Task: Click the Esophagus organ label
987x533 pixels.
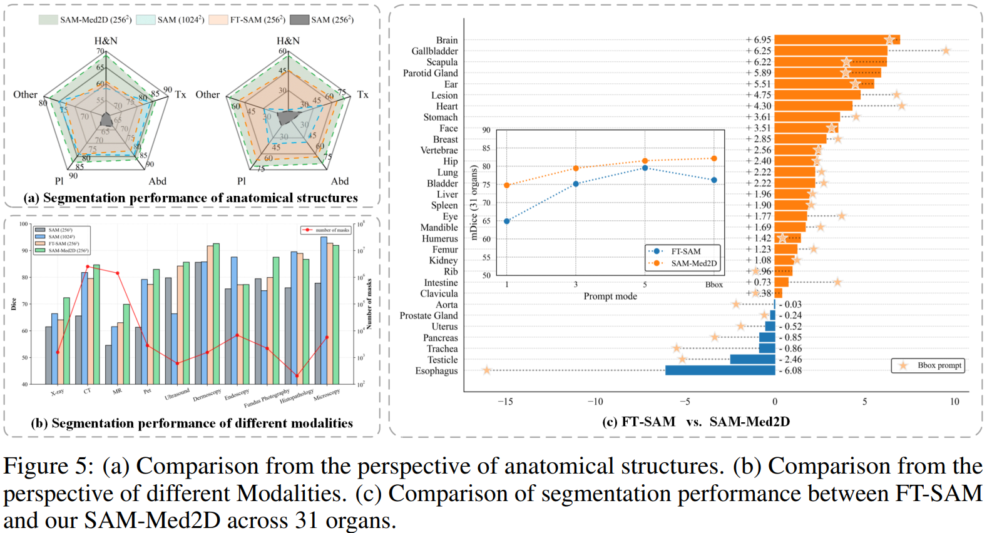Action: pos(436,371)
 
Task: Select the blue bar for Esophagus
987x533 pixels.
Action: pos(720,370)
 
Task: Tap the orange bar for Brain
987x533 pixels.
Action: pos(836,40)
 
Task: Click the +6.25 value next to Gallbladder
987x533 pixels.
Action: pos(759,51)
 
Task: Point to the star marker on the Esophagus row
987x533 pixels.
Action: pos(487,370)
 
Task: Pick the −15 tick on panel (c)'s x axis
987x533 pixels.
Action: pos(505,402)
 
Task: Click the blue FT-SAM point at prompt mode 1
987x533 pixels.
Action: pos(507,221)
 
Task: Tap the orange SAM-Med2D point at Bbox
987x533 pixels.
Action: pos(714,159)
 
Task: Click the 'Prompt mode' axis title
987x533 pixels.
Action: pos(610,297)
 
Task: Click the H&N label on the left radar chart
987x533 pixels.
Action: pos(106,41)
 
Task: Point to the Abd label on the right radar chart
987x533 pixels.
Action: pos(340,181)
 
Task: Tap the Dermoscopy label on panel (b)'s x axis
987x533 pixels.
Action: pos(207,395)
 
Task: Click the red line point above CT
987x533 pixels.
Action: pos(88,266)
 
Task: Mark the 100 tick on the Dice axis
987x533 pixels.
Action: pos(24,224)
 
